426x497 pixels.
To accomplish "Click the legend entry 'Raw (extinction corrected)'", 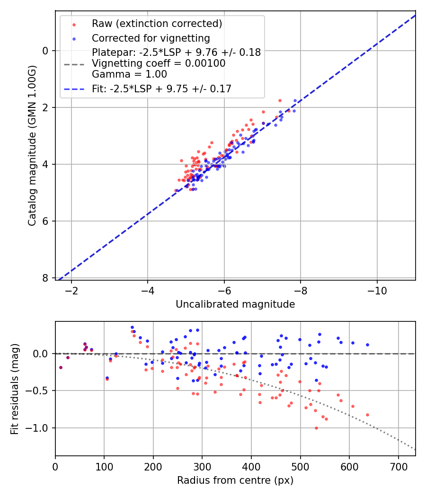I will [x=157, y=24].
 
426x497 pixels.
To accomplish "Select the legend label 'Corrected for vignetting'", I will [x=151, y=38].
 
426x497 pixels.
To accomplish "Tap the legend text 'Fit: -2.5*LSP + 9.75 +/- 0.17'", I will [x=161, y=89].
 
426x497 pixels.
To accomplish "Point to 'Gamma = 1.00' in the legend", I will [x=129, y=74].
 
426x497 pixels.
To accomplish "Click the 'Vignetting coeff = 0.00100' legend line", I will [x=159, y=63].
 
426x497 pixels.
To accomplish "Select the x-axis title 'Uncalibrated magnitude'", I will [x=235, y=304].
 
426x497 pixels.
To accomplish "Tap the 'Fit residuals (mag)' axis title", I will [x=15, y=389].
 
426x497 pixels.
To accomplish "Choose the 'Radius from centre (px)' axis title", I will [x=235, y=480].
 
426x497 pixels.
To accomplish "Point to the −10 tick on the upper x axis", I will [x=377, y=289].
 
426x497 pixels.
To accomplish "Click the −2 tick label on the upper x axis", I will [x=72, y=289].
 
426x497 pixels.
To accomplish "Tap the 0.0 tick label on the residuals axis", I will [x=43, y=354].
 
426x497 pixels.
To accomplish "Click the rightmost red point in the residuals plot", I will [x=367, y=415].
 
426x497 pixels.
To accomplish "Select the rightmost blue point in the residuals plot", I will [x=367, y=345].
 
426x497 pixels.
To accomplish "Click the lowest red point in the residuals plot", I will [x=316, y=428].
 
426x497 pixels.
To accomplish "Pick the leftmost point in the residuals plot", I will [x=61, y=367].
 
